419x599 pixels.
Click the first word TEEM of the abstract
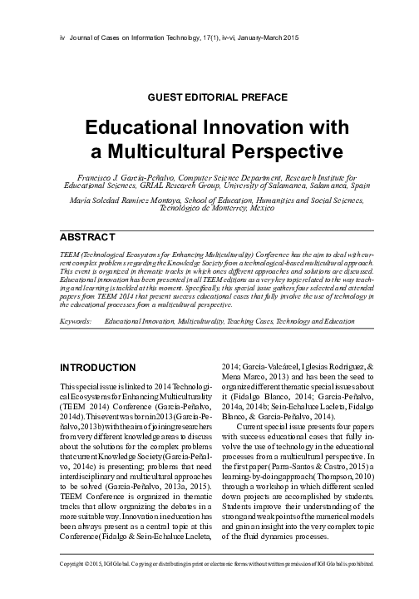61,250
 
